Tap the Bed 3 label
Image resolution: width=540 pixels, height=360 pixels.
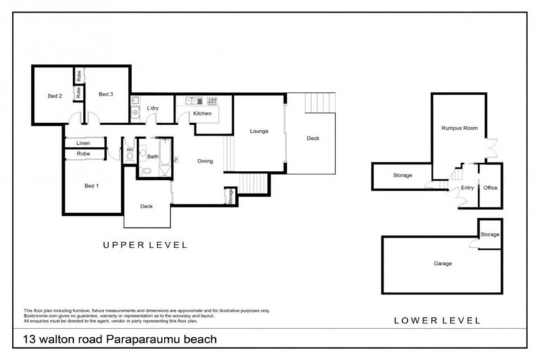click(x=105, y=94)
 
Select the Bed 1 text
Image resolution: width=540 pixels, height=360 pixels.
click(x=91, y=186)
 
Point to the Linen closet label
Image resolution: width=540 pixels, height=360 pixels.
click(x=83, y=143)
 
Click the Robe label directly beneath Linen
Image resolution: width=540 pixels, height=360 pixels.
click(x=83, y=153)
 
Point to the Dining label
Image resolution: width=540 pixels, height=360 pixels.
click(x=205, y=161)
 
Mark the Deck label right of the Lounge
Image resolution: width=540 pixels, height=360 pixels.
click(x=313, y=139)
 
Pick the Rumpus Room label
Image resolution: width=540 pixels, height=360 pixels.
click(x=459, y=129)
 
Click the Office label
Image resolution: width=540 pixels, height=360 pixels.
click(x=490, y=188)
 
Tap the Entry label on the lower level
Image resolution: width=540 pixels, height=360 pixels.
click(x=467, y=188)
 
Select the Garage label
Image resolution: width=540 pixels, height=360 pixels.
click(x=442, y=264)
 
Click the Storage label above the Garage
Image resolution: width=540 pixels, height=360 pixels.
click(x=490, y=234)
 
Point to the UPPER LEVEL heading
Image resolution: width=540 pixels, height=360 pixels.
click(x=145, y=245)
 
